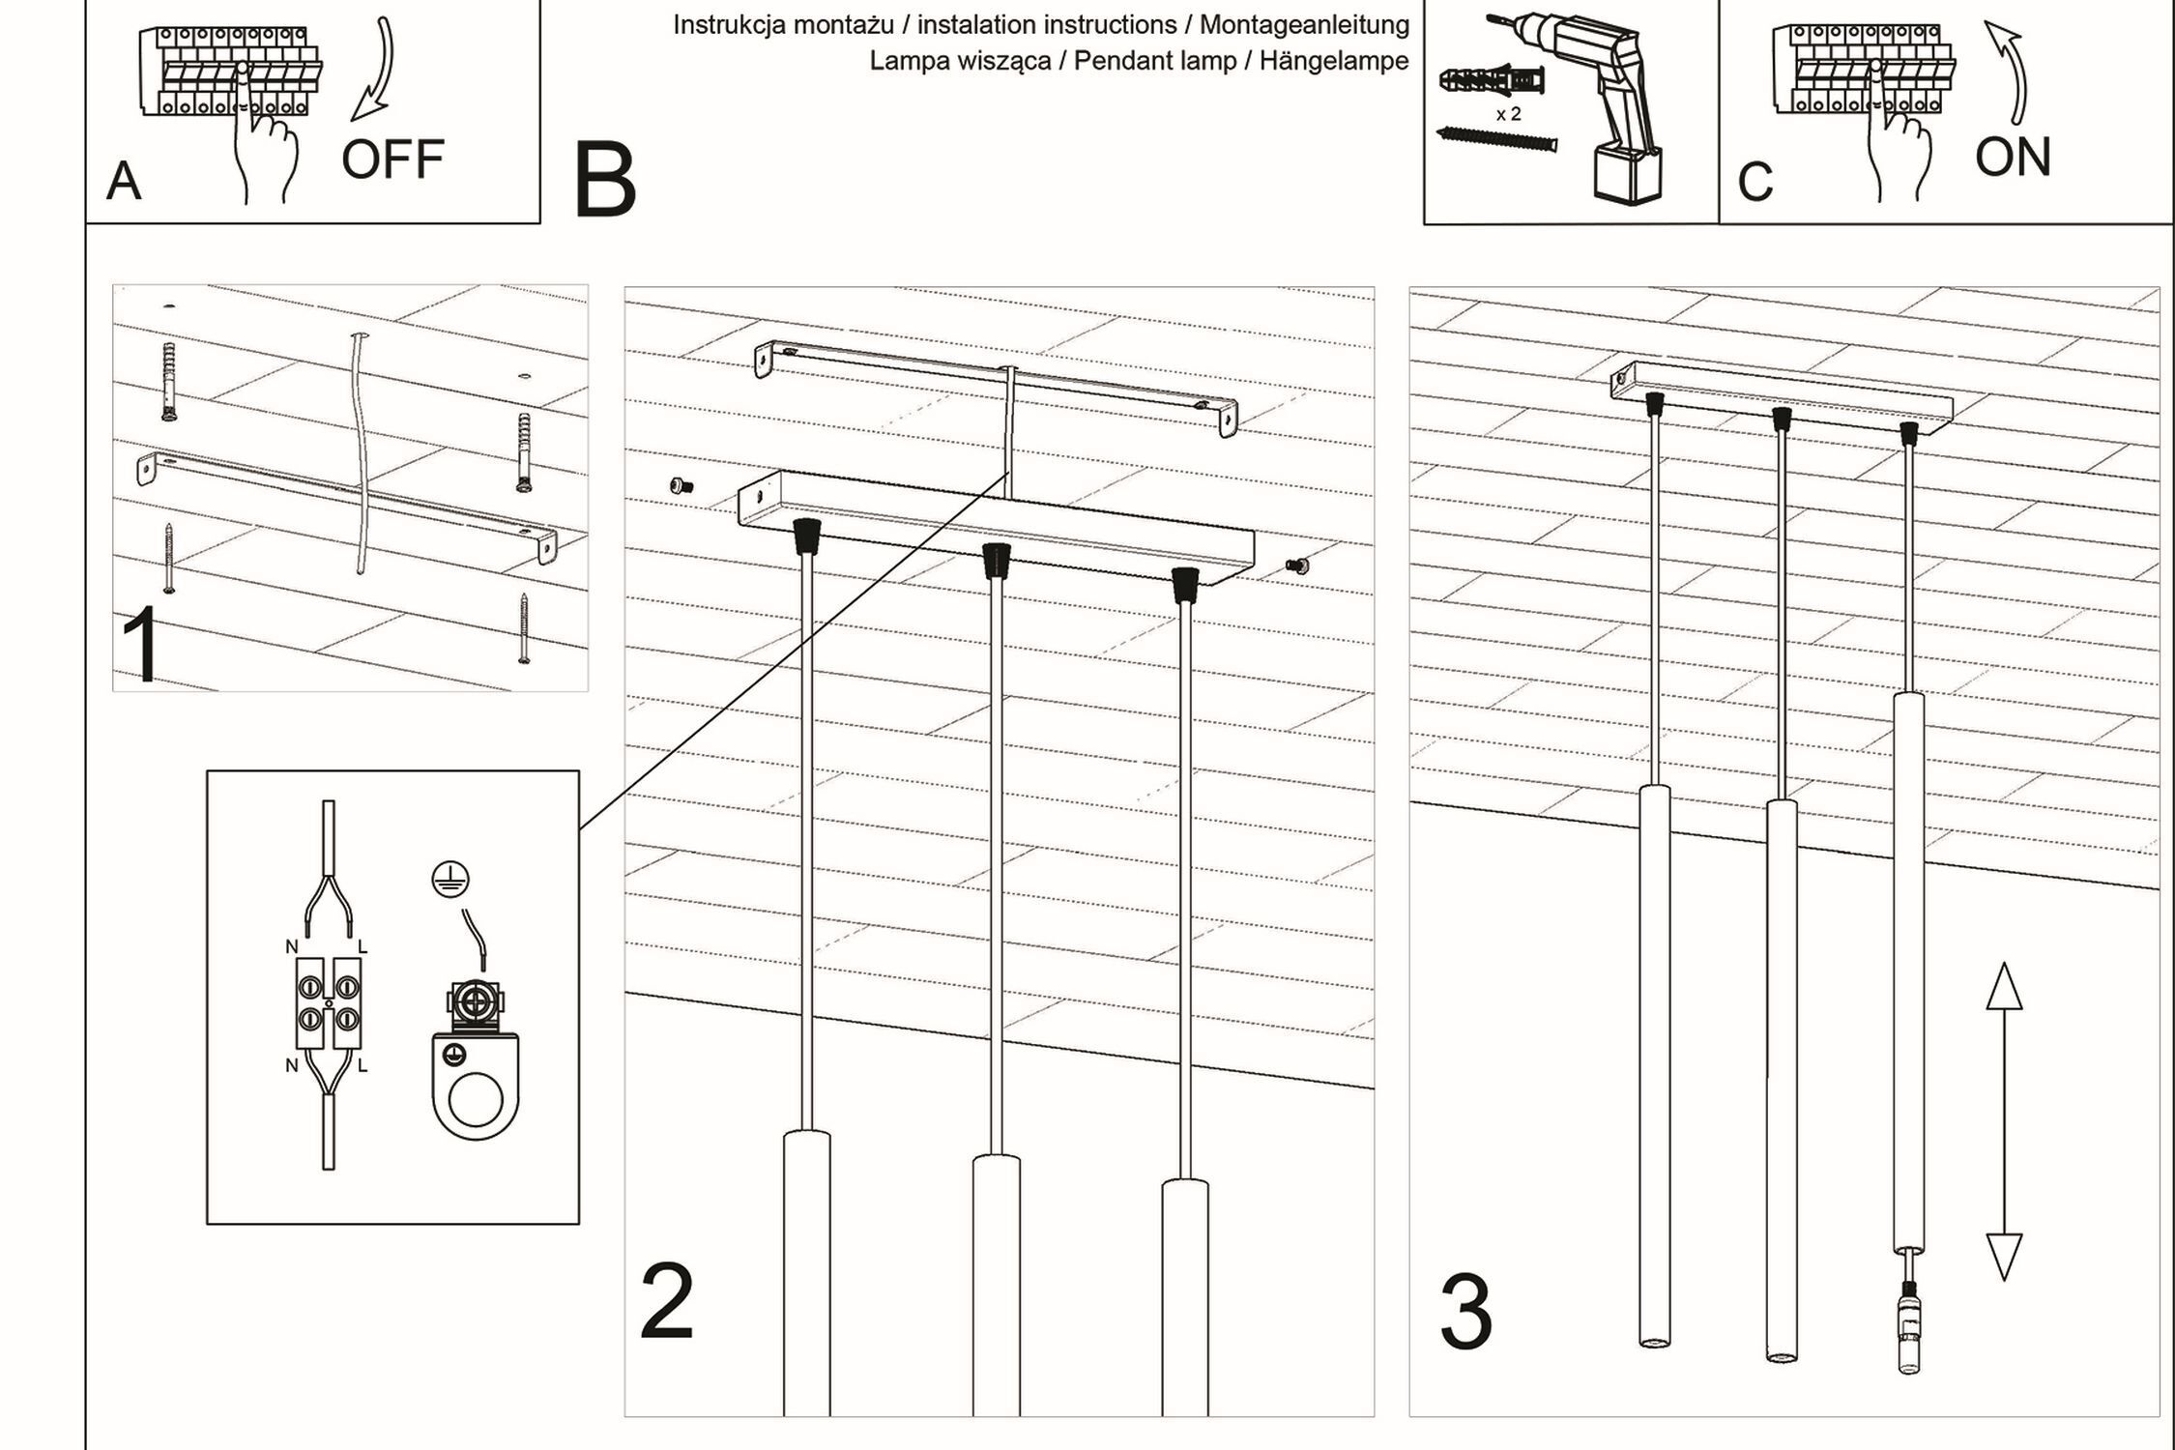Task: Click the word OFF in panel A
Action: [392, 159]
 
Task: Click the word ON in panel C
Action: [2013, 158]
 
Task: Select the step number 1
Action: [141, 645]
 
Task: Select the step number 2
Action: [667, 1302]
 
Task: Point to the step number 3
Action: [1465, 1314]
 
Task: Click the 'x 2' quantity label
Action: [1508, 114]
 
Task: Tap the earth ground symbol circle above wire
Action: [450, 879]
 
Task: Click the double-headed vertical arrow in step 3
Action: [2004, 1121]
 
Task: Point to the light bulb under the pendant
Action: [1909, 1334]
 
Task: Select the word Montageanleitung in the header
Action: [1304, 24]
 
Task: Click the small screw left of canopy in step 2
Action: [681, 486]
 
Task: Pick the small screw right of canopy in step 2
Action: [1296, 566]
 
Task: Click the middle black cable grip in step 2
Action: [996, 560]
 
